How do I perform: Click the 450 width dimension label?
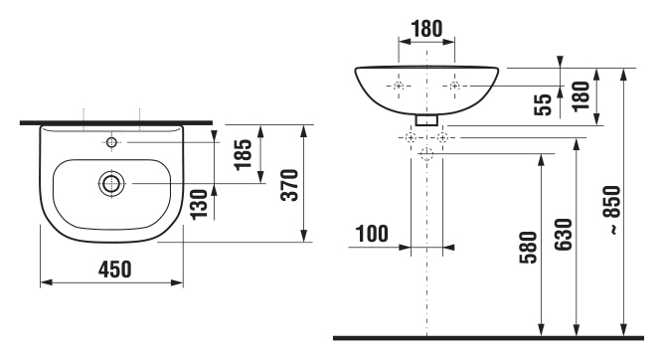click(115, 270)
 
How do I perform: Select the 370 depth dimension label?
click(290, 185)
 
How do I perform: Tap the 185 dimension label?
click(244, 154)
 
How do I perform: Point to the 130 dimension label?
click(199, 205)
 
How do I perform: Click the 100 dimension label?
click(372, 234)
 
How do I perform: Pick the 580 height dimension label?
click(529, 248)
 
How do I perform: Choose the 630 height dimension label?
click(564, 235)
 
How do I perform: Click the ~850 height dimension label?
click(613, 210)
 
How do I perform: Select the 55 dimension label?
click(544, 104)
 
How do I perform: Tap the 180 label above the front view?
click(426, 29)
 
